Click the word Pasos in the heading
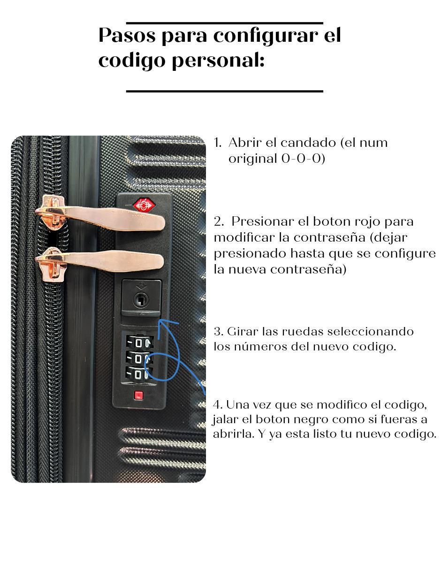coord(127,35)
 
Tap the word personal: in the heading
coord(218,61)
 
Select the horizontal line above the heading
coord(224,23)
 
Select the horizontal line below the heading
coord(224,91)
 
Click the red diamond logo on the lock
coord(144,205)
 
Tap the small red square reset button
coord(138,395)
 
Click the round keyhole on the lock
coord(141,300)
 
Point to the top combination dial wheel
coord(139,342)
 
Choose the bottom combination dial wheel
coord(139,373)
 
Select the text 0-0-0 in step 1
coord(301,159)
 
